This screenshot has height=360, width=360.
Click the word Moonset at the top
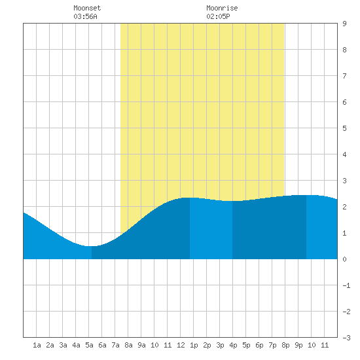pyautogui.click(x=87, y=8)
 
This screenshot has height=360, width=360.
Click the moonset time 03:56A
pyautogui.click(x=85, y=16)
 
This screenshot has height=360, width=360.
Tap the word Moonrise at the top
pyautogui.click(x=222, y=8)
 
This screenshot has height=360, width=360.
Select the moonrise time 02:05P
pyautogui.click(x=218, y=16)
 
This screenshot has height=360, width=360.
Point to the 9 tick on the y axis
pyautogui.click(x=344, y=24)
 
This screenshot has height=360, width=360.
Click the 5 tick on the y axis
pyautogui.click(x=344, y=128)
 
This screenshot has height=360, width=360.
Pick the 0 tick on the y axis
pyautogui.click(x=344, y=259)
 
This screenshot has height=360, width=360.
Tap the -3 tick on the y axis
pyautogui.click(x=346, y=338)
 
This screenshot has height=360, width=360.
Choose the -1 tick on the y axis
pyautogui.click(x=346, y=285)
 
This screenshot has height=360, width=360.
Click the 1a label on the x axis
pyautogui.click(x=37, y=345)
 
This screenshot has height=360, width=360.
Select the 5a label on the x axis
pyautogui.click(x=89, y=345)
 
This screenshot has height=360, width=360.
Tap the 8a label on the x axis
pyautogui.click(x=128, y=345)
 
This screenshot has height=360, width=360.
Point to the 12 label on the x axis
pyautogui.click(x=181, y=345)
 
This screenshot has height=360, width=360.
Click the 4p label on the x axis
pyautogui.click(x=233, y=345)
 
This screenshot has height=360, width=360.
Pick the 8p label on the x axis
pyautogui.click(x=285, y=345)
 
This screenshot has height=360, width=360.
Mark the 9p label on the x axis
pyautogui.click(x=298, y=345)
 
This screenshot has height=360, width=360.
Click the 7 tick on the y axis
pyautogui.click(x=344, y=76)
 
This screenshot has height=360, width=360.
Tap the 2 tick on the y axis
pyautogui.click(x=344, y=207)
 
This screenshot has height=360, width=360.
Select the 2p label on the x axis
pyautogui.click(x=207, y=345)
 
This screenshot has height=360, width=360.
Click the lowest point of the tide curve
pyautogui.click(x=91, y=246)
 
